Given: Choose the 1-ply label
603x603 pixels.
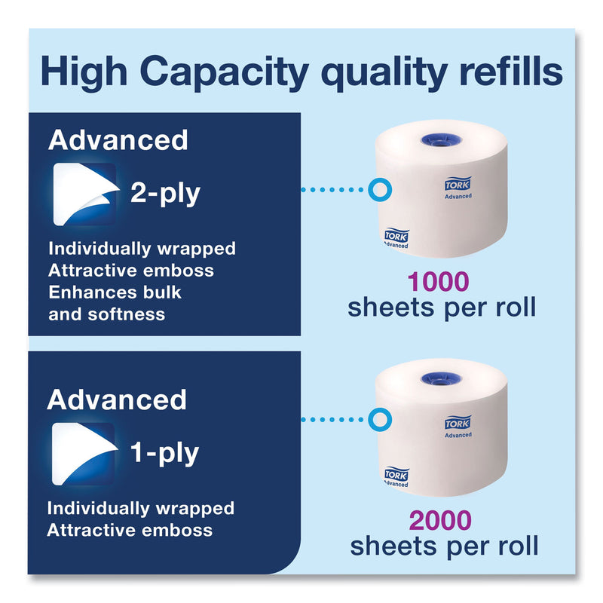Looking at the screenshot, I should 164,452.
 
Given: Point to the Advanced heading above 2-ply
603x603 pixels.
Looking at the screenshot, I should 117,140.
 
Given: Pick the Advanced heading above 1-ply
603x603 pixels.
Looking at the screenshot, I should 117,399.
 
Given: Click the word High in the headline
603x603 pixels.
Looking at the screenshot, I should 79,72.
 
